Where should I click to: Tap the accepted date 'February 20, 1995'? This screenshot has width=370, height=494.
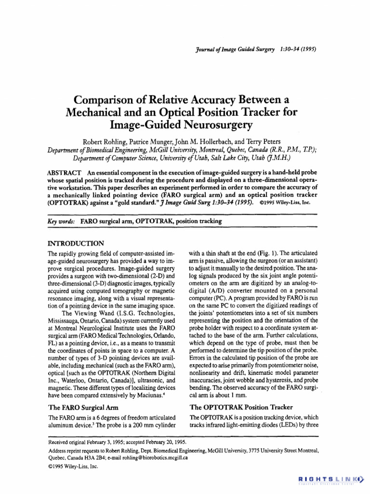click(163, 442)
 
